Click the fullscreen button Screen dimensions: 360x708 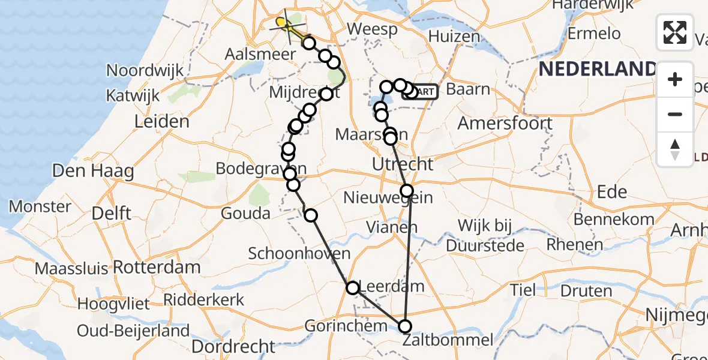675,32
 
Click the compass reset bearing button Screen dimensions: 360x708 675,149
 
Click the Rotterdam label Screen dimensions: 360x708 157,267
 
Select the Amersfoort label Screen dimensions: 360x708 505,124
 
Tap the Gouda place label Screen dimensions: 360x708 245,214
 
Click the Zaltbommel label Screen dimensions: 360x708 448,340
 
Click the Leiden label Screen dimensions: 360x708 161,122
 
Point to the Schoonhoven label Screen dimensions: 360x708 299,253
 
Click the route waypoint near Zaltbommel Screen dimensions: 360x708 406,326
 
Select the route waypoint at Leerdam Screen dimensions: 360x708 353,288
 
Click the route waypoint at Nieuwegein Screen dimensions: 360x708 407,191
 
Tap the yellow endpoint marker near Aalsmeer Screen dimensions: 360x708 280,22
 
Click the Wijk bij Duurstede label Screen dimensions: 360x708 485,235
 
